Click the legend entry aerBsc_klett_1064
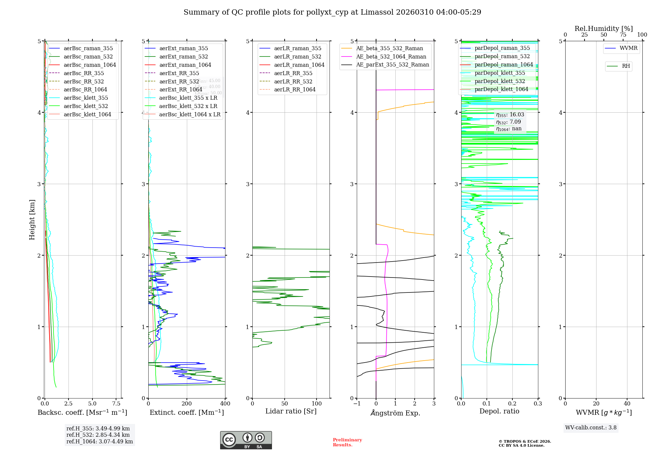pos(87,114)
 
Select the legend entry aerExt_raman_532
pos(184,56)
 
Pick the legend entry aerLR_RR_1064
pos(295,89)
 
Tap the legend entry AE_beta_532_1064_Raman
pos(391,56)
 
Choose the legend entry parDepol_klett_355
pos(500,73)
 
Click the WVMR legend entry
pos(628,48)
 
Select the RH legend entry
pos(626,66)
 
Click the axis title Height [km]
pos(32,219)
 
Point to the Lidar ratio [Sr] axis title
pos(291,411)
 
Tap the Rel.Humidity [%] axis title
pos(603,29)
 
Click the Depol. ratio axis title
pos(499,411)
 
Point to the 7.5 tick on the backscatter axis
pos(116,403)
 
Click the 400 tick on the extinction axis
pos(225,403)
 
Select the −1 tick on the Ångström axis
pos(357,403)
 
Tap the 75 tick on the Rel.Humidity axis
pos(623,35)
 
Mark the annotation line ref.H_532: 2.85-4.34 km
pos(98,435)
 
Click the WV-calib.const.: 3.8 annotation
pos(591,427)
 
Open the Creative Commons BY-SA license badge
pos(246,440)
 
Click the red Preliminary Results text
pos(347,442)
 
